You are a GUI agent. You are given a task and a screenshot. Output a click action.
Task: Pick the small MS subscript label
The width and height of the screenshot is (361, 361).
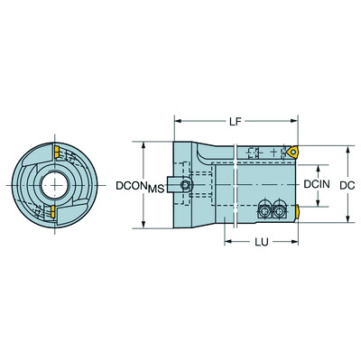[155, 189]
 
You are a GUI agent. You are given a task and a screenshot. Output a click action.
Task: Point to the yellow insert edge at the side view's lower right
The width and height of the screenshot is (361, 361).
[298, 213]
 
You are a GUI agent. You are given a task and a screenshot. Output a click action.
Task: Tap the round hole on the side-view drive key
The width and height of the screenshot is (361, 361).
[185, 186]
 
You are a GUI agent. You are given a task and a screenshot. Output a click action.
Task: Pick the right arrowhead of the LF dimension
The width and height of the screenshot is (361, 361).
[297, 120]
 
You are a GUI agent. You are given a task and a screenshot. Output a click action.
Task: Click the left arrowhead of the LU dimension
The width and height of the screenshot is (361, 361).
[225, 243]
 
